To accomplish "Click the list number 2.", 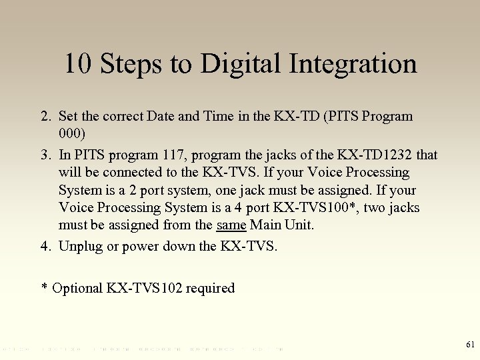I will click(45, 117).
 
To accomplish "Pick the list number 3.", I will click(45, 155).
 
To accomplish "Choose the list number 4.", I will click(45, 246).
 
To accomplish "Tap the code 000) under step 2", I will click(72, 134).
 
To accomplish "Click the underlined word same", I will click(231, 225).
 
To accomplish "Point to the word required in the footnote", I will click(210, 289).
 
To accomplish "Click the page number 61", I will click(469, 345).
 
